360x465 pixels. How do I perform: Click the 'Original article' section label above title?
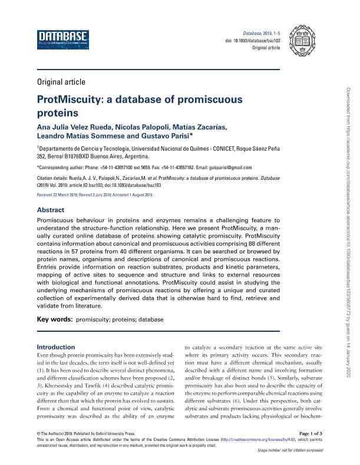(x=61, y=82)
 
